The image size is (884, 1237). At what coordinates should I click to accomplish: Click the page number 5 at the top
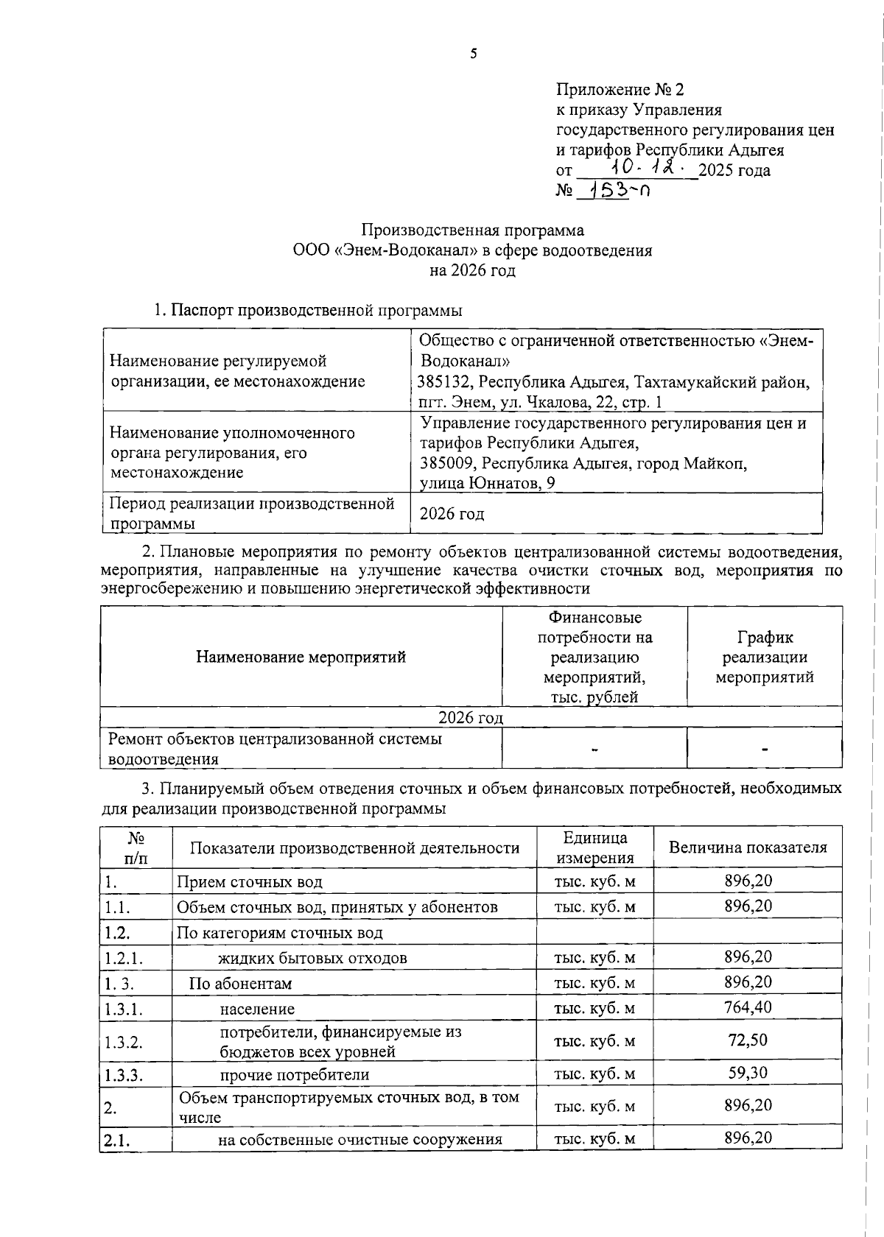click(x=474, y=53)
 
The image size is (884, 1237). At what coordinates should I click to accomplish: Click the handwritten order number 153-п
click(x=612, y=191)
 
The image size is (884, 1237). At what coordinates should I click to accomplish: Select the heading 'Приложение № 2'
click(x=620, y=90)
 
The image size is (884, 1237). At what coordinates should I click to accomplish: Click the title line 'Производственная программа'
click(x=472, y=230)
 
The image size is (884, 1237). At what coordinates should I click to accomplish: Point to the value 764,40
click(x=748, y=1007)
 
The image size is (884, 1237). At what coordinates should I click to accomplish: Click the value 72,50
click(x=748, y=1040)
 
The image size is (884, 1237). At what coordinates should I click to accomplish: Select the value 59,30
click(x=748, y=1072)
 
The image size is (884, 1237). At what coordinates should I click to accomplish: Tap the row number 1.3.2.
click(x=124, y=1042)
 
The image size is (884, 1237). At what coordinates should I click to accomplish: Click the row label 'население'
click(x=257, y=1009)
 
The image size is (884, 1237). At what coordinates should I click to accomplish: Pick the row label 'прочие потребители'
click(x=295, y=1074)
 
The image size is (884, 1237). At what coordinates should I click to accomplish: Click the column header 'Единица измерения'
click(x=595, y=847)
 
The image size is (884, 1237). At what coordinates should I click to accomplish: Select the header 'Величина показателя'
click(x=748, y=847)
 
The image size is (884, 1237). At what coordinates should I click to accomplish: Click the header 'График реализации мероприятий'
click(x=765, y=657)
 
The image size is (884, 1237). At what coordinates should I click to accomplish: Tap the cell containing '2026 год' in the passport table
click(x=452, y=514)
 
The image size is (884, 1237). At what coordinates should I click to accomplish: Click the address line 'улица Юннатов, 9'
click(x=487, y=483)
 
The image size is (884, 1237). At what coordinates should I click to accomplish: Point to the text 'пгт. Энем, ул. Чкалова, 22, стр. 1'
click(x=539, y=402)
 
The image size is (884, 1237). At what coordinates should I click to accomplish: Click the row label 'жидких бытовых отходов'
click(x=312, y=958)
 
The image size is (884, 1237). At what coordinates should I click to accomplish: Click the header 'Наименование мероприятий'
click(x=301, y=657)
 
